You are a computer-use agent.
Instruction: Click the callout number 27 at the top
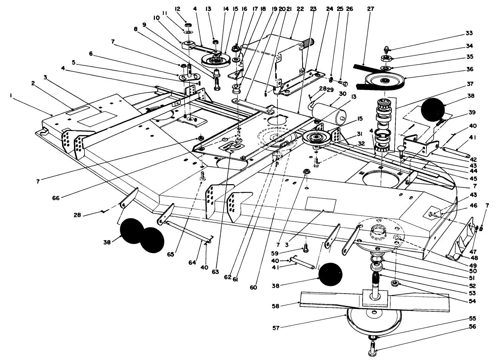[371, 9]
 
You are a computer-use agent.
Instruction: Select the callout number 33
[469, 34]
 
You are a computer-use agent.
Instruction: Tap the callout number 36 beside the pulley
[469, 69]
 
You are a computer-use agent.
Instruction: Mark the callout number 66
[56, 198]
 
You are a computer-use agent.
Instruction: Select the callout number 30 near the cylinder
[342, 94]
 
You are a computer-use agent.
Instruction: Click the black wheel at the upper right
[432, 109]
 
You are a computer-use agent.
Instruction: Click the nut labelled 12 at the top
[188, 26]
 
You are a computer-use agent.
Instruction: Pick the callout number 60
[253, 287]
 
